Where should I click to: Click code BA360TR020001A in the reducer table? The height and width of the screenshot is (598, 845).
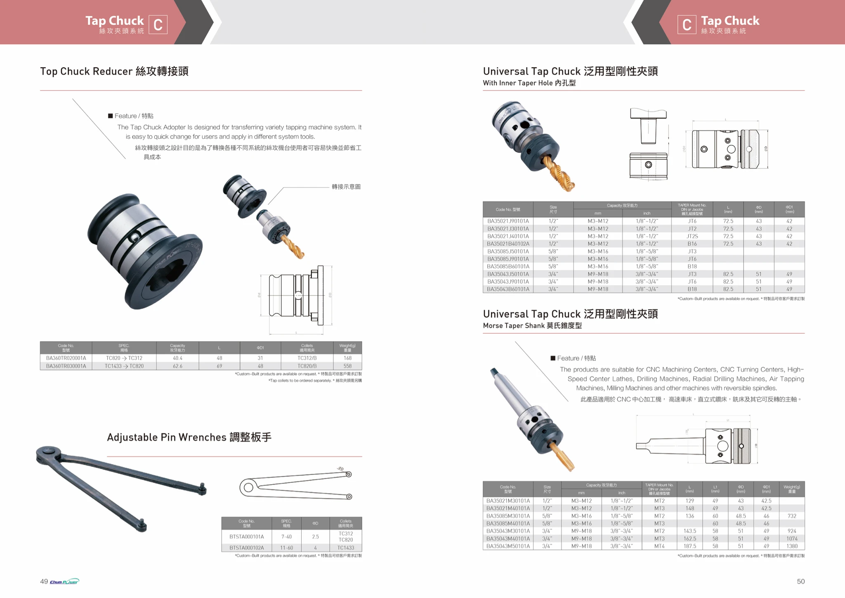tap(66, 358)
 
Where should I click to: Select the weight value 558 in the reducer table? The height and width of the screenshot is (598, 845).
tap(347, 366)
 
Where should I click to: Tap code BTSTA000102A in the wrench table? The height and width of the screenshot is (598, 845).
tap(247, 548)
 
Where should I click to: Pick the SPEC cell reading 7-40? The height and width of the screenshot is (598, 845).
tap(286, 536)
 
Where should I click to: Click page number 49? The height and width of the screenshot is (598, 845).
tap(44, 581)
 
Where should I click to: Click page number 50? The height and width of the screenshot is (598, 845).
tap(800, 581)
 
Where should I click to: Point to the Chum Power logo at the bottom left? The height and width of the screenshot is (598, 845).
tap(64, 581)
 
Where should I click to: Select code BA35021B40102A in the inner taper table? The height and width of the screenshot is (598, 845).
tap(508, 244)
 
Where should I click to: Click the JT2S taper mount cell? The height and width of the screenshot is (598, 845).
tap(692, 236)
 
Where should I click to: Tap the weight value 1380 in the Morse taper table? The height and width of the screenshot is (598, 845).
tap(791, 546)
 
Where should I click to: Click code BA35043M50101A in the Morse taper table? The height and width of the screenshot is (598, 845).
tap(508, 546)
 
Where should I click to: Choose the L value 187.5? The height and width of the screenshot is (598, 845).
tap(689, 546)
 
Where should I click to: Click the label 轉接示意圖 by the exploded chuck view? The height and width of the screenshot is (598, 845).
tap(346, 187)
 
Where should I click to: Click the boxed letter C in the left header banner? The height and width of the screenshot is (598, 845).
tap(158, 25)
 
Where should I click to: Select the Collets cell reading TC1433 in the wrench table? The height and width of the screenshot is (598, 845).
tap(345, 548)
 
